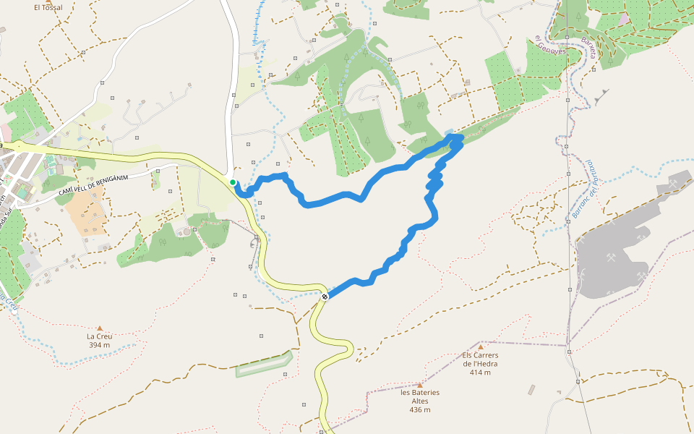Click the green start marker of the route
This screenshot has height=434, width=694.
(x=233, y=182)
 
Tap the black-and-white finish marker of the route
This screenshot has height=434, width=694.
(x=325, y=296)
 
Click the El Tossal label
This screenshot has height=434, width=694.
(x=48, y=7)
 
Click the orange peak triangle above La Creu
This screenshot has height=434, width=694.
(x=99, y=328)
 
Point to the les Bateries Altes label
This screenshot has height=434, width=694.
(x=419, y=396)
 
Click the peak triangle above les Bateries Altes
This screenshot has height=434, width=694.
(x=419, y=385)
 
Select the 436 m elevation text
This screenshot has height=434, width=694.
(x=419, y=409)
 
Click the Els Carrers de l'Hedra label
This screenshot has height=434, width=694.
(x=480, y=359)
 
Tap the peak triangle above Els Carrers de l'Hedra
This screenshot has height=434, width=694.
(x=480, y=347)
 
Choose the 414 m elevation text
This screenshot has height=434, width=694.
(x=480, y=373)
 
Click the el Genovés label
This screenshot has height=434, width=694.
(x=552, y=48)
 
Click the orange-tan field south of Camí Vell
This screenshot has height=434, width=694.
(x=85, y=213)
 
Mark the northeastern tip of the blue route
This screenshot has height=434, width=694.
(x=457, y=137)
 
